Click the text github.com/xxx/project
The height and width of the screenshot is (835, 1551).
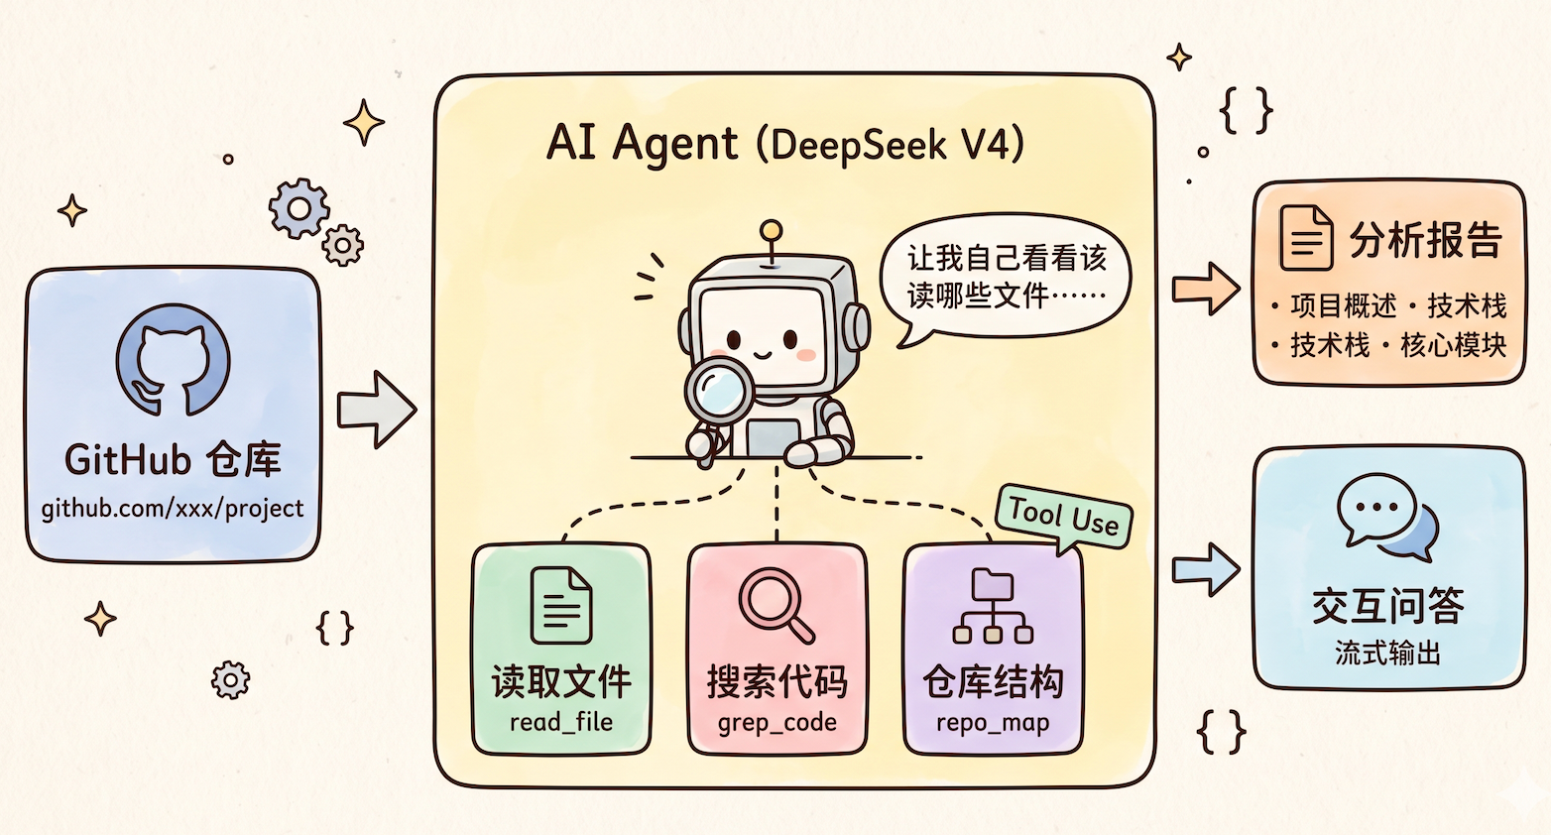[x=173, y=509]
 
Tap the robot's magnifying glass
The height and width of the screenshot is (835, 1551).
[x=721, y=391]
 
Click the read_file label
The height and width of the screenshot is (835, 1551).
[x=561, y=722]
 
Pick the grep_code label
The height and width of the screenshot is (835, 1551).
[x=777, y=722]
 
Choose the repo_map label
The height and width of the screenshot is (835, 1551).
[x=993, y=722]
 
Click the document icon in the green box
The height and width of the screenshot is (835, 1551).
[x=561, y=605]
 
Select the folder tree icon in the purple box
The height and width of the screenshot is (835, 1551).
[x=993, y=606]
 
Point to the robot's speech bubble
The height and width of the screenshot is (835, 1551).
[x=1006, y=276]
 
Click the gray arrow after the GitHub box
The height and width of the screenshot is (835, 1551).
[x=376, y=409]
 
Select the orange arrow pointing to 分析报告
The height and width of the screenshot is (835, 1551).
[x=1206, y=289]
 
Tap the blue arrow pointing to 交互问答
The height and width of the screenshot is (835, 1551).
[x=1206, y=569]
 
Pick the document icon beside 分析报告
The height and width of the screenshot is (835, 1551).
[x=1306, y=238]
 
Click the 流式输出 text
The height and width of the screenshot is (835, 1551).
[x=1387, y=654]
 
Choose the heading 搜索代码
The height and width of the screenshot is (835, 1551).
[x=777, y=681]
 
